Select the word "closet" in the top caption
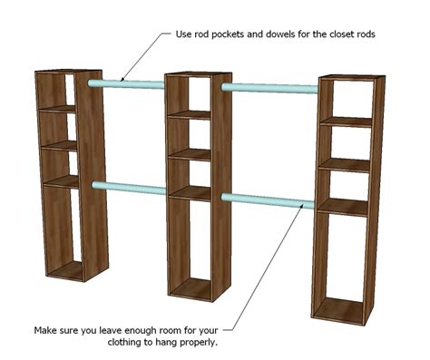click(x=340, y=34)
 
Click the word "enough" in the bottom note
click(x=141, y=331)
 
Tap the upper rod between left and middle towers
click(x=126, y=84)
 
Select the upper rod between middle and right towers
click(x=269, y=88)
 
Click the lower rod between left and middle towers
click(x=129, y=188)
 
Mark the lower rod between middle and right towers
click(x=268, y=201)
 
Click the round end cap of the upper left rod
click(x=91, y=83)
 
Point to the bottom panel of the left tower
click(x=65, y=270)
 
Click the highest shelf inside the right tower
click(x=347, y=122)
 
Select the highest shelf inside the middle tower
click(x=190, y=115)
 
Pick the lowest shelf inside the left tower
click(x=61, y=181)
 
